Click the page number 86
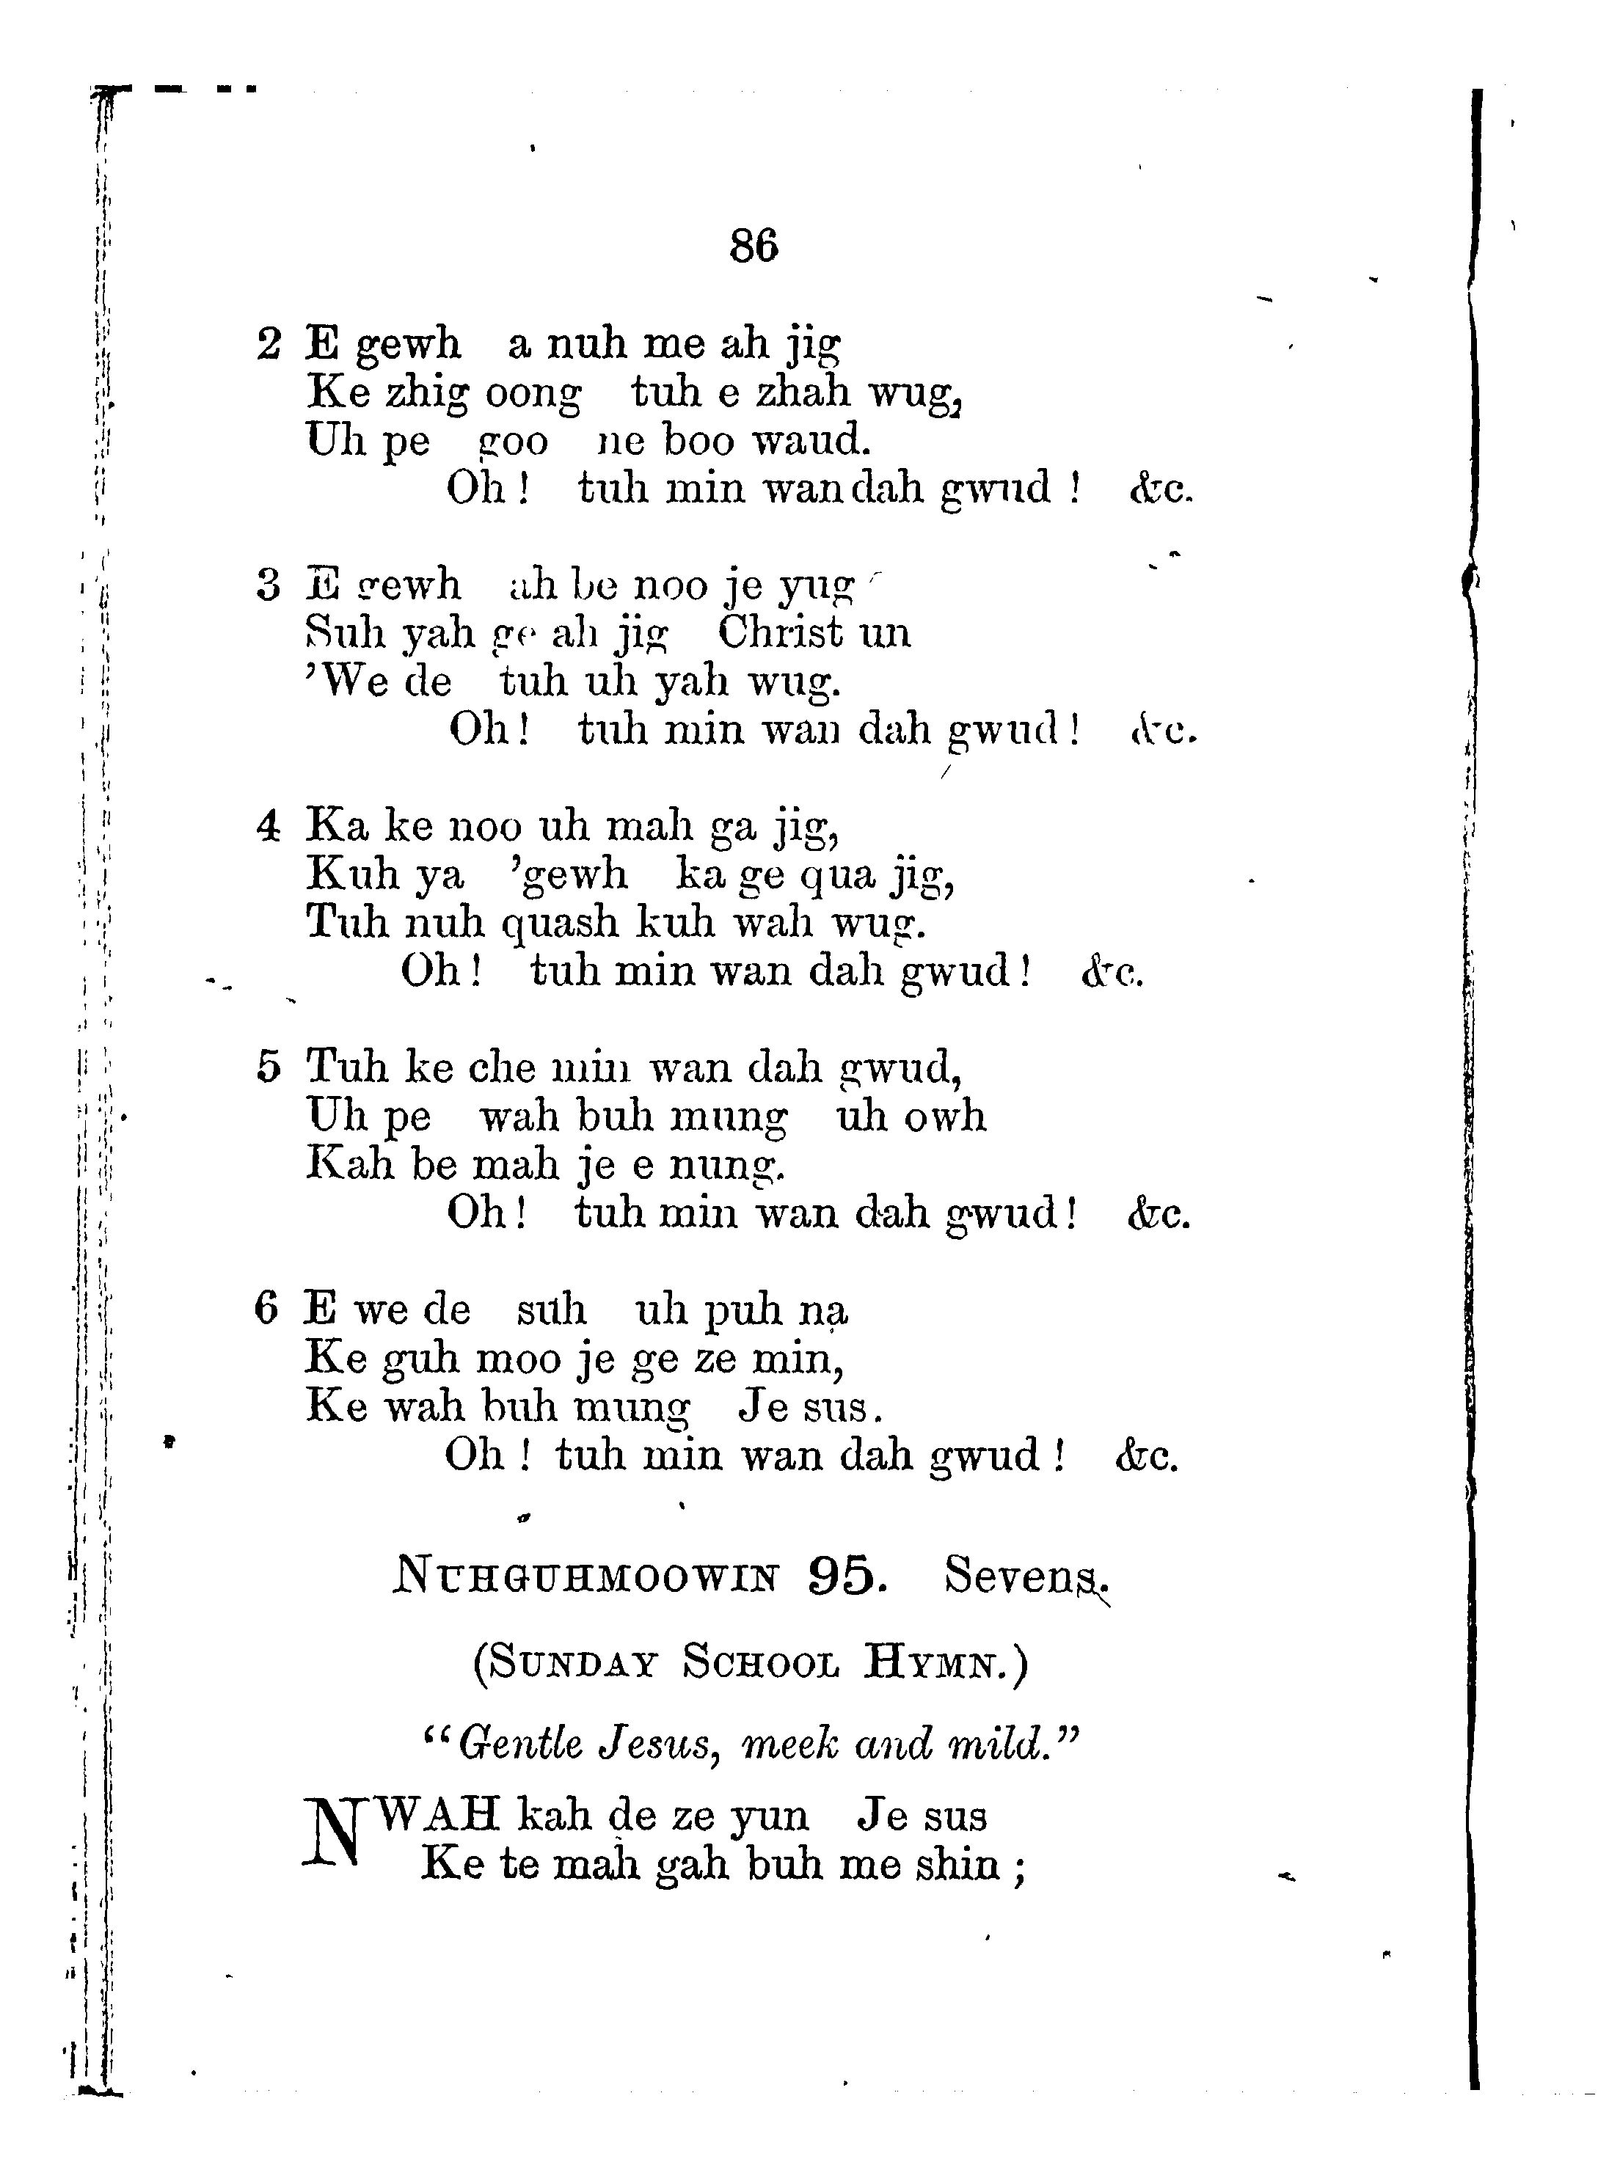pos(754,246)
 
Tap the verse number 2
pos(268,343)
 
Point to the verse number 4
pos(268,826)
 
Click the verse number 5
pos(268,1067)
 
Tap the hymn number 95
pos(845,1576)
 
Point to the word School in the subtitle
pos(760,1662)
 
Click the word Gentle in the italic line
pos(520,1744)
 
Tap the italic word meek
pos(787,1744)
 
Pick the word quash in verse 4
pos(559,921)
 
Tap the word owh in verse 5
pos(944,1116)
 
